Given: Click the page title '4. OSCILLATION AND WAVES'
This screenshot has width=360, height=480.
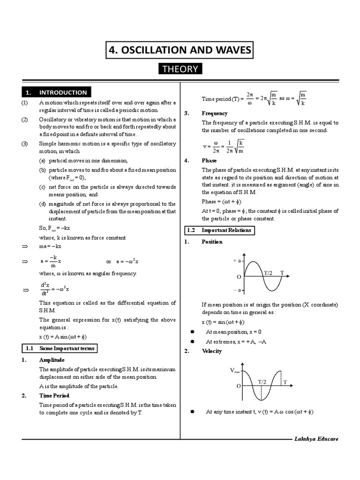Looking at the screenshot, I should [x=180, y=50].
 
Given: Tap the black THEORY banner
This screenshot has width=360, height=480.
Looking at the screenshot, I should [x=180, y=69].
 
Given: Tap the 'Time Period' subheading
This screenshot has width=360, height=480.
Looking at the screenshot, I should [x=54, y=396].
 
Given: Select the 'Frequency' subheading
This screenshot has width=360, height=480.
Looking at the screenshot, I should [x=215, y=113].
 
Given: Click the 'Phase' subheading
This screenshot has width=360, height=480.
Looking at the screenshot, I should [x=209, y=160].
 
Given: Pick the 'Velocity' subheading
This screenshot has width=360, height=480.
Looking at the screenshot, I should [x=212, y=351].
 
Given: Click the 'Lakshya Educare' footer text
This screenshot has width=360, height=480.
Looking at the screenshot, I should [x=316, y=439].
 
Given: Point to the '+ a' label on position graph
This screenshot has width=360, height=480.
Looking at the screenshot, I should [x=237, y=260].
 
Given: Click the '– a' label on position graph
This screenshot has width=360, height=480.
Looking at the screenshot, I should [x=237, y=291].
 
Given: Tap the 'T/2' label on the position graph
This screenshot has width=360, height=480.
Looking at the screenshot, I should [x=269, y=272].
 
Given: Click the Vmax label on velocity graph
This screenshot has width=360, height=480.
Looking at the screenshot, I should [x=235, y=370].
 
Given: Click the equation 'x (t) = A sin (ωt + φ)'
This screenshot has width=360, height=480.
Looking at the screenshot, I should [x=63, y=337].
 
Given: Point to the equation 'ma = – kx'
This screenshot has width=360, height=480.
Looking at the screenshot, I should [x=51, y=246].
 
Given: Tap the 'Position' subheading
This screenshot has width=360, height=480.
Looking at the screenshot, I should [x=212, y=242].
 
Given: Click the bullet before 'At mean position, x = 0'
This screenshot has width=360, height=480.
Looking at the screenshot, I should [x=192, y=332].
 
